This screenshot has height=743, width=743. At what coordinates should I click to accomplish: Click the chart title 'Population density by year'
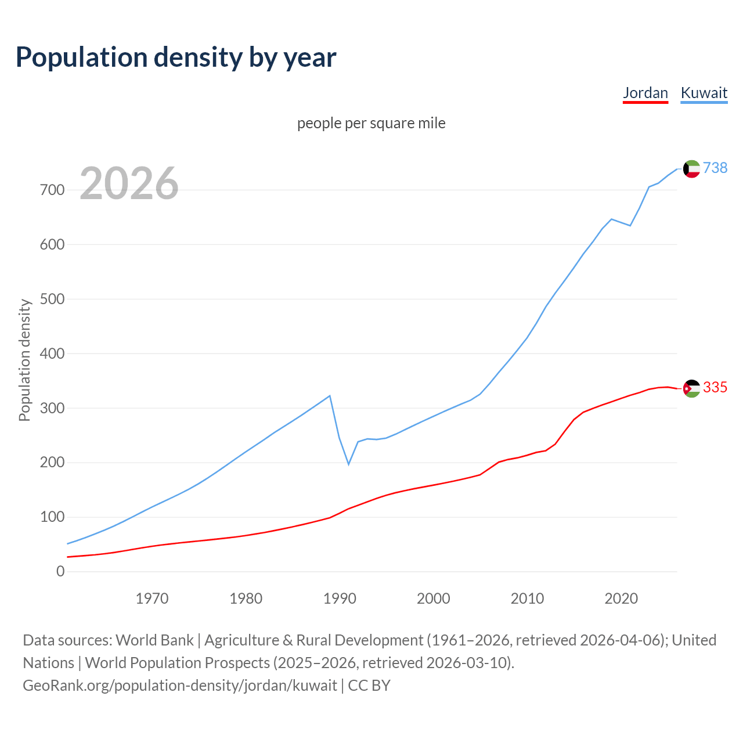[x=176, y=57]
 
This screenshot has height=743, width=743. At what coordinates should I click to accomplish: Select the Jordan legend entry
[x=645, y=93]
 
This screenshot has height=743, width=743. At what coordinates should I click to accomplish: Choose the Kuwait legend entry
[x=704, y=93]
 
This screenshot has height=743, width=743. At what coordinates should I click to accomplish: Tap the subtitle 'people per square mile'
[x=371, y=123]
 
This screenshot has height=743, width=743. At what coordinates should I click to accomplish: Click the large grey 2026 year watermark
[x=129, y=183]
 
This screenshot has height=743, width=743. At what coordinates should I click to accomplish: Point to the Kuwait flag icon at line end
[x=691, y=168]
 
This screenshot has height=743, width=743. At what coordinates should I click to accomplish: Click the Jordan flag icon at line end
[x=691, y=388]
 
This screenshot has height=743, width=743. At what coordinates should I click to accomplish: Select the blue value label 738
[x=715, y=168]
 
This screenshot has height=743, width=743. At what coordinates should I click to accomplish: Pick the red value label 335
[x=715, y=387]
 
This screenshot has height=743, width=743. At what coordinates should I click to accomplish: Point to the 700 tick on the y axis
[x=52, y=190]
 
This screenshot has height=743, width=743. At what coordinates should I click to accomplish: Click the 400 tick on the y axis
[x=52, y=354]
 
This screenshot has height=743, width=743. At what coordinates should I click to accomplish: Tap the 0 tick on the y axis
[x=60, y=571]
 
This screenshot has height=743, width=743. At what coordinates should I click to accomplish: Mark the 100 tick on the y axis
[x=52, y=517]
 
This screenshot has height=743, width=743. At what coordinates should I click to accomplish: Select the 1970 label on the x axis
[x=152, y=598]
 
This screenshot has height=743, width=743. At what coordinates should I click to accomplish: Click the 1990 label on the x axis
[x=340, y=598]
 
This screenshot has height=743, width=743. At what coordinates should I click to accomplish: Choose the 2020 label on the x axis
[x=621, y=598]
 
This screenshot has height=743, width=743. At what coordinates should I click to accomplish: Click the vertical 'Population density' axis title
[x=24, y=360]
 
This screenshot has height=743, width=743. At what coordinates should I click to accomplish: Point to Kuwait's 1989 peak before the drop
[x=330, y=396]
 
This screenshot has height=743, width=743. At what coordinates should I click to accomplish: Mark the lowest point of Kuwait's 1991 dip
[x=349, y=464]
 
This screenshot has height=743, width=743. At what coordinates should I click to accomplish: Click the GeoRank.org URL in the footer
[x=180, y=685]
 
